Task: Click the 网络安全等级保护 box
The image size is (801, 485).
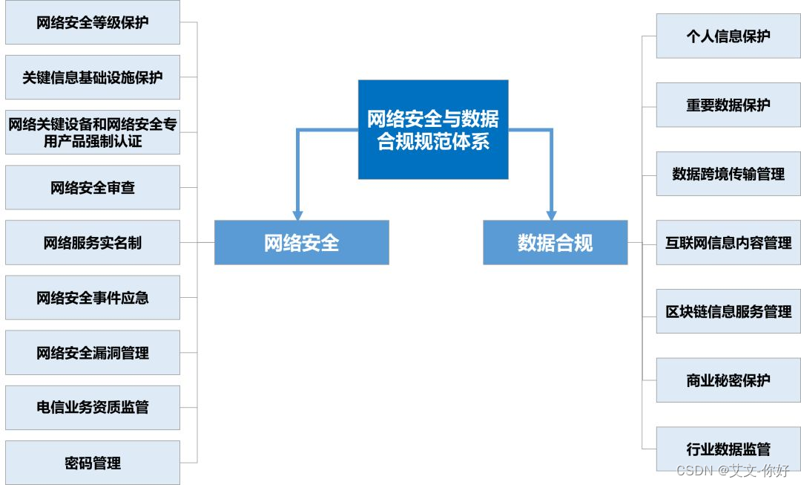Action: click(x=93, y=22)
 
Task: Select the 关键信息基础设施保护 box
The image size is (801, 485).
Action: click(x=93, y=77)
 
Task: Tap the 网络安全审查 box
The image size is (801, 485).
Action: click(x=93, y=187)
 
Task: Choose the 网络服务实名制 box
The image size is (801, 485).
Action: click(x=93, y=242)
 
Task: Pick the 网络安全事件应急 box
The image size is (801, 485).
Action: click(x=93, y=298)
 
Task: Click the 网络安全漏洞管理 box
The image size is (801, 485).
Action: click(x=93, y=353)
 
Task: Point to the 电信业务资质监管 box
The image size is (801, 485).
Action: click(x=93, y=407)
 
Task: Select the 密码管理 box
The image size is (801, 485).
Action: click(x=93, y=463)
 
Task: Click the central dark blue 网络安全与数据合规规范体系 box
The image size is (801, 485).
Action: click(x=433, y=129)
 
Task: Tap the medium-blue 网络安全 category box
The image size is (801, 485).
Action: click(x=301, y=242)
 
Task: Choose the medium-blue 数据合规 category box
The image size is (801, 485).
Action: click(x=555, y=242)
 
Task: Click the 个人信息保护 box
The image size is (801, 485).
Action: click(x=728, y=36)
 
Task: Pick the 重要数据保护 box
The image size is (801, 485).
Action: click(x=728, y=105)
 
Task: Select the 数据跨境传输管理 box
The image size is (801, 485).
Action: click(x=728, y=174)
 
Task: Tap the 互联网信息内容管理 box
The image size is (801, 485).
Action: click(x=728, y=242)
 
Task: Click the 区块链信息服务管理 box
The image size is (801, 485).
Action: click(x=728, y=311)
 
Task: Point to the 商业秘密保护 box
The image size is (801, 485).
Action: click(x=728, y=380)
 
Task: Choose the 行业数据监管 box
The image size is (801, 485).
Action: click(x=728, y=449)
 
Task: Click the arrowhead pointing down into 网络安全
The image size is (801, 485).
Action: click(x=297, y=213)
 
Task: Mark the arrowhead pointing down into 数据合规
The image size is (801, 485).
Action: click(x=551, y=213)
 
